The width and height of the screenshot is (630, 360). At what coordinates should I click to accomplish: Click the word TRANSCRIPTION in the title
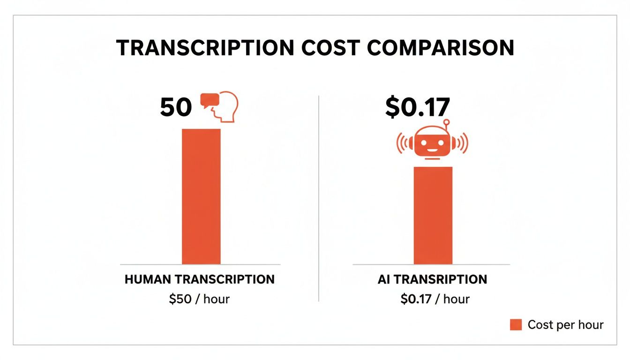click(204, 48)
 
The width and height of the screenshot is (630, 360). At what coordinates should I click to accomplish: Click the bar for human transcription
click(201, 196)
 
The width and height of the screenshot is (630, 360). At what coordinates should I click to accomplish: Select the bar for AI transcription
click(433, 216)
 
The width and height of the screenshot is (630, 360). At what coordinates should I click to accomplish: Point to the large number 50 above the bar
click(176, 108)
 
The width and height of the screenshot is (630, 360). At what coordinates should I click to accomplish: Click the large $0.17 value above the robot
click(417, 107)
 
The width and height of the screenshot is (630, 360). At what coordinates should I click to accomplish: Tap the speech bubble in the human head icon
click(210, 100)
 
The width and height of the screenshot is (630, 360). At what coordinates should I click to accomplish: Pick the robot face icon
click(432, 144)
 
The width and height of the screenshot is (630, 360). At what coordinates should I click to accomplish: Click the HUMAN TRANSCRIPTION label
click(200, 279)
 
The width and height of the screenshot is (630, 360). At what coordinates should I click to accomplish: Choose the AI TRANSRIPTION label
click(432, 280)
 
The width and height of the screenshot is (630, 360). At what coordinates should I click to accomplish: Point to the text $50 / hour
click(199, 299)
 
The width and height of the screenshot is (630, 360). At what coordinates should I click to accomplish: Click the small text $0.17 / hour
click(435, 299)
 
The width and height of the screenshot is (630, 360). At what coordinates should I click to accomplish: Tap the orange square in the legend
click(516, 324)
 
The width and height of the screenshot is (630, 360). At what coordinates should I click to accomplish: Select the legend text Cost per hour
click(565, 324)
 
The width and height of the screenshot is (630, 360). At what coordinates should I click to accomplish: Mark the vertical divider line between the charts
click(319, 197)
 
